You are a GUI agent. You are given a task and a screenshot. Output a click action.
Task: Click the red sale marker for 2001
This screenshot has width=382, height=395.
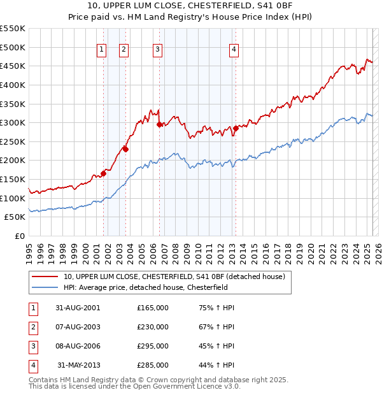pos(103,173)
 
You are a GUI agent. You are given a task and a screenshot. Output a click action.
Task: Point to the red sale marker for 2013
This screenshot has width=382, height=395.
pos(236,128)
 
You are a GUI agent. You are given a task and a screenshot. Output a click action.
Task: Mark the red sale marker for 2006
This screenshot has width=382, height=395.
pos(159,124)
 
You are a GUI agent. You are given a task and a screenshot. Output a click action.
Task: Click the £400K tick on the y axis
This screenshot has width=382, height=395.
pos(13,85)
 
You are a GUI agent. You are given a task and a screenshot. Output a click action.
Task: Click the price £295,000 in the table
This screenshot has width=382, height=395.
pos(153,346)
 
